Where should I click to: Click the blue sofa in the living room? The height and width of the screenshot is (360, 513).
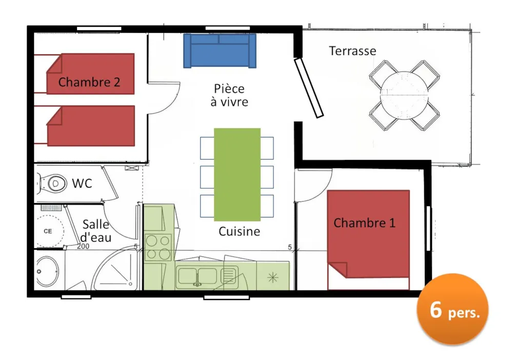coord(220,51)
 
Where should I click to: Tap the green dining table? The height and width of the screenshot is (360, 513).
coord(237,174)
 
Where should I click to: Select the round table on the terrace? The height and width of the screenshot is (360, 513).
coord(404,95)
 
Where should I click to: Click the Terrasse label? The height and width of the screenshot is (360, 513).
coord(352,51)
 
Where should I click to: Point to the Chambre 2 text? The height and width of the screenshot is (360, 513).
coord(89,82)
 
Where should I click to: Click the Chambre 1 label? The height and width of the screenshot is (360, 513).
coord(364,223)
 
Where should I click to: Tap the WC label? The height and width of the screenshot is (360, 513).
coord(82,184)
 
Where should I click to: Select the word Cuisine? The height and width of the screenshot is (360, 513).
coord(239,231)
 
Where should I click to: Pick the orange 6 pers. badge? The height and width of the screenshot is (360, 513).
coord(452,309)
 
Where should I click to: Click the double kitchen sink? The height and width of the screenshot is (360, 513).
coord(198,275)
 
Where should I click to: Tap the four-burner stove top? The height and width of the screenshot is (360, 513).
coord(158,247)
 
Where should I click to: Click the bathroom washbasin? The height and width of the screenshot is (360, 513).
coord(47,271)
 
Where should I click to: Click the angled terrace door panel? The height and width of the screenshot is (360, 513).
coord(308,87)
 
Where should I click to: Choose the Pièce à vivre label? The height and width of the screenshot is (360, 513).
coord(229,95)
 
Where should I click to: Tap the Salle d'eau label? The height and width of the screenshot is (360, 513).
coord(96,231)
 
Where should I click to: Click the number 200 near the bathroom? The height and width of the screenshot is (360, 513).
coord(83,246)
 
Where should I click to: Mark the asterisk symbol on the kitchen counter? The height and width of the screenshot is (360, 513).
coord(273,278)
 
